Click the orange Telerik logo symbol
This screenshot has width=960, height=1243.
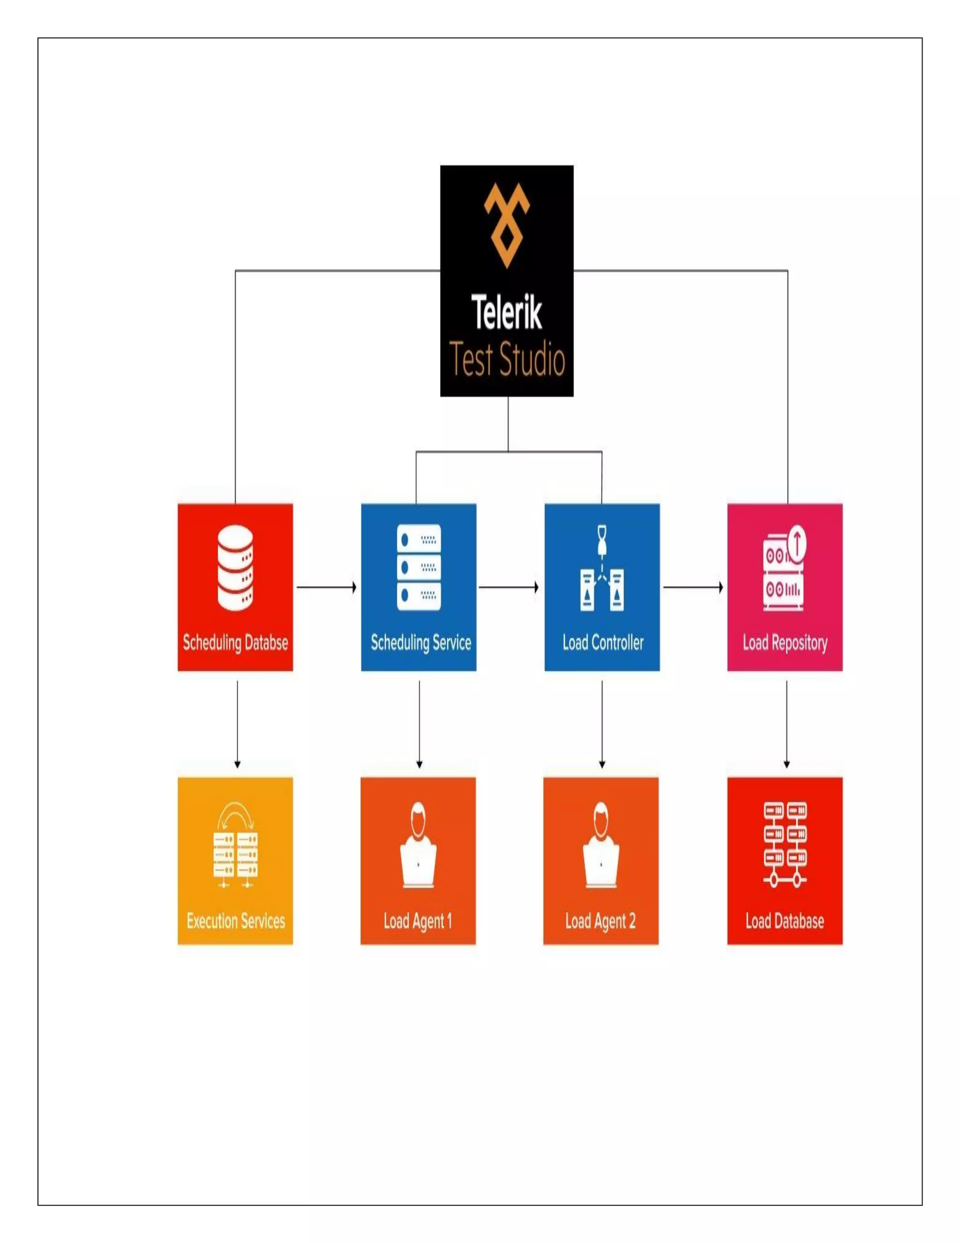506,225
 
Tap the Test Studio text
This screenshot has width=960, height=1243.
506,360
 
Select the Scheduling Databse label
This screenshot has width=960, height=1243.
235,643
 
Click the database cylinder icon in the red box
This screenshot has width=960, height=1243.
235,568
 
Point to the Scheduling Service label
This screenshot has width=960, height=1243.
421,643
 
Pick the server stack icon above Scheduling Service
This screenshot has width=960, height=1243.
419,568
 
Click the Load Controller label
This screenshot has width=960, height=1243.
603,643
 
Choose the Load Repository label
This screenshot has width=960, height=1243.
785,643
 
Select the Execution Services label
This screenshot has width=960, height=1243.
235,920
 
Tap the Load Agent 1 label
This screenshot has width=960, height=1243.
418,920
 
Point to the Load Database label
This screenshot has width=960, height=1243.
785,920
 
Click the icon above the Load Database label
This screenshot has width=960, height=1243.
785,845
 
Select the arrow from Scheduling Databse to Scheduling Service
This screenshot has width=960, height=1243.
326,587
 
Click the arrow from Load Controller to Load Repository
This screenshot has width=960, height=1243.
693,587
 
